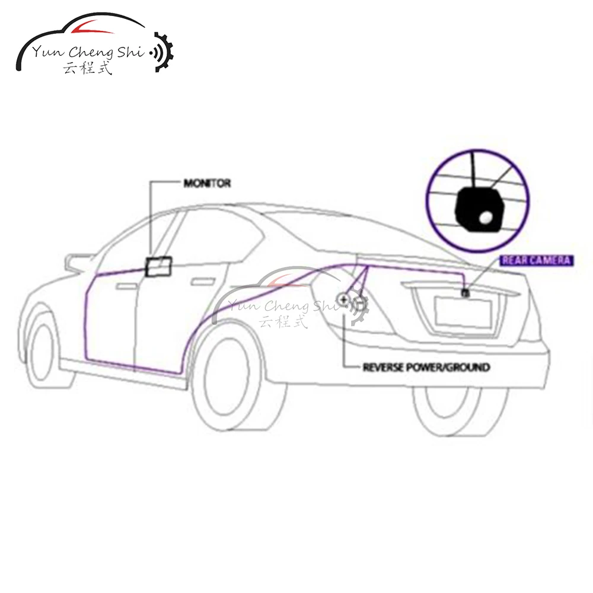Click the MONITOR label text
click(x=206, y=184)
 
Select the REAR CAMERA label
click(x=536, y=260)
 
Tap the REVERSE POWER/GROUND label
click(x=426, y=367)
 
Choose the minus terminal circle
click(x=359, y=304)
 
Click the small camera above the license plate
click(x=466, y=292)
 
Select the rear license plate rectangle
click(x=461, y=311)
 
